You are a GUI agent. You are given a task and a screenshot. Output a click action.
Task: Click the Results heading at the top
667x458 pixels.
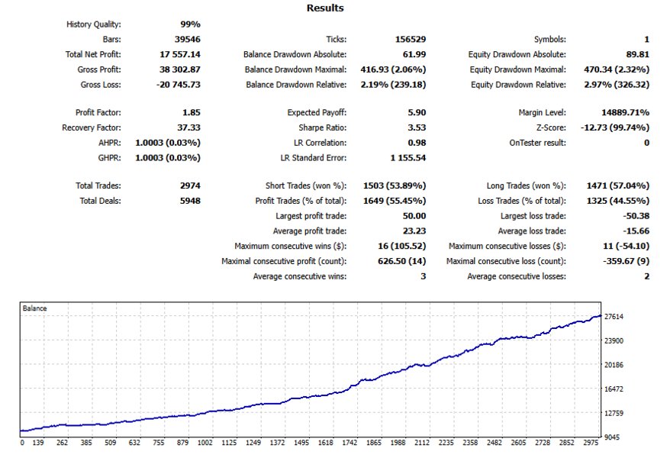[x=325, y=8]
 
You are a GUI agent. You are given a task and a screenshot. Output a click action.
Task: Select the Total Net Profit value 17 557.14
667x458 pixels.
[x=180, y=54]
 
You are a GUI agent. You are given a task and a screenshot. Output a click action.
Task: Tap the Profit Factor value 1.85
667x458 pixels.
[x=192, y=112]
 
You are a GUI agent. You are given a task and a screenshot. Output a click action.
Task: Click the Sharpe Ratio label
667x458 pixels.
[x=323, y=127]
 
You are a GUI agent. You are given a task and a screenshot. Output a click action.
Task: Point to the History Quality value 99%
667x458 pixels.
[x=190, y=24]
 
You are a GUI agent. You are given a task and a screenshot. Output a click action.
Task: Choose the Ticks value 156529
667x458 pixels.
[x=411, y=39]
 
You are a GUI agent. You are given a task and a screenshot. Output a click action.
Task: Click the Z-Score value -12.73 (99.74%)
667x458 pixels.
[x=615, y=127]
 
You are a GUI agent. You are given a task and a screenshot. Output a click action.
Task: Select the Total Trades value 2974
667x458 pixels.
[x=190, y=185]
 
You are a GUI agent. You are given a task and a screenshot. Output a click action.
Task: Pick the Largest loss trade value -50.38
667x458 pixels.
[x=636, y=216]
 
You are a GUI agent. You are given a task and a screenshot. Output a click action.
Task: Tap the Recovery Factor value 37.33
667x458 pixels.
[x=188, y=127]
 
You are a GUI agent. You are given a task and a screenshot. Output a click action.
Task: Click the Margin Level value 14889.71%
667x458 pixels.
[x=625, y=112]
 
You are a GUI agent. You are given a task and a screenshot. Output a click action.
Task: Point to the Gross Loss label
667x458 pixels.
[x=101, y=85]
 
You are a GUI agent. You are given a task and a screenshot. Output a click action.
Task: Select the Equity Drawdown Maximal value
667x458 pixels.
[x=617, y=69]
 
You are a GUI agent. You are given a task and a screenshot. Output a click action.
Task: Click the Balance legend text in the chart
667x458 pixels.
[x=34, y=308]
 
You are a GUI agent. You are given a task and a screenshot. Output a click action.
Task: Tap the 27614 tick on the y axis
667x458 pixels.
[x=614, y=317]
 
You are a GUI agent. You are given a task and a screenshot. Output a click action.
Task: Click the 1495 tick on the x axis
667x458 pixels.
[x=301, y=443]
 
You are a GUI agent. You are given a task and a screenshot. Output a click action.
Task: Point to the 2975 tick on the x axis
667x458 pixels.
[x=591, y=443]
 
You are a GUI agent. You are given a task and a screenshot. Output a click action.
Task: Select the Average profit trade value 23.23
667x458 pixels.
[x=414, y=231]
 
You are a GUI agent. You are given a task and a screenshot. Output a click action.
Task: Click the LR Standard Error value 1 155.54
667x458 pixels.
[x=408, y=158]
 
